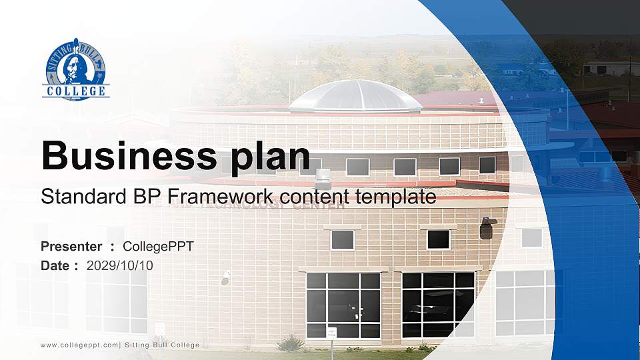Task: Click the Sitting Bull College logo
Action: pos(75,69)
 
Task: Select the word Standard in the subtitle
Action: pos(74,197)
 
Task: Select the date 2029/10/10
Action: pos(120,266)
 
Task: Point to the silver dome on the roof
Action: pos(355,96)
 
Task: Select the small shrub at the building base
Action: pos(290,343)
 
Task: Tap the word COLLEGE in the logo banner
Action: pos(75,91)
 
